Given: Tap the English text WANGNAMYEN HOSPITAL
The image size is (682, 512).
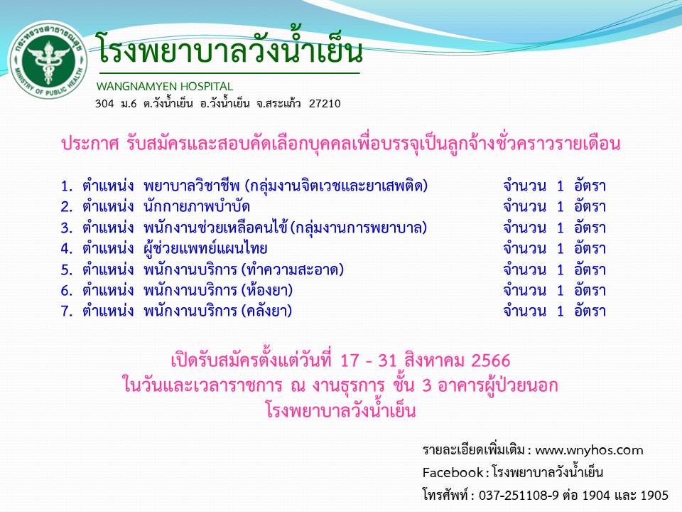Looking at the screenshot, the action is (164, 86).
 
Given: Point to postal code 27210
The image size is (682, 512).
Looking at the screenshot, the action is (325, 104).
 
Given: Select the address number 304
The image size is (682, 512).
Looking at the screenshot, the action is (104, 104).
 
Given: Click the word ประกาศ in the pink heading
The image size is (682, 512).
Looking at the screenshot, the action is (90, 143).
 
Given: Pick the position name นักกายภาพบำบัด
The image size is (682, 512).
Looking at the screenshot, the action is (197, 206).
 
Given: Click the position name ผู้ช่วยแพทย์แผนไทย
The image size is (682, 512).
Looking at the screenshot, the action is (205, 248).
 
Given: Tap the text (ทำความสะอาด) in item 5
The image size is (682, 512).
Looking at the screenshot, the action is (293, 270).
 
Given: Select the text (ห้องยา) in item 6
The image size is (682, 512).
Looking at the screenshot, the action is (267, 290).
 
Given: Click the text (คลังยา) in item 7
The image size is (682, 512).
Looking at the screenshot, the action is (266, 311).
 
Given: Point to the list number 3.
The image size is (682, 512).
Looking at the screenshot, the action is (67, 228).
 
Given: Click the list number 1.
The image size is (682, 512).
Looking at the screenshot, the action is (67, 186).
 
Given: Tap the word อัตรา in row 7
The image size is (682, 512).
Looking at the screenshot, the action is (590, 311).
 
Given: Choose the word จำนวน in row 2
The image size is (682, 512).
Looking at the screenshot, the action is (524, 206).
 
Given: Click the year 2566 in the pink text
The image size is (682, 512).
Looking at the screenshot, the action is (491, 361).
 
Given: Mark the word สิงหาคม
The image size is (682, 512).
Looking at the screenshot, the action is (433, 361).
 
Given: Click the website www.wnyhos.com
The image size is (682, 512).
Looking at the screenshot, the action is (589, 450).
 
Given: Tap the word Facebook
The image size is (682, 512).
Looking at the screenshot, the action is (453, 472).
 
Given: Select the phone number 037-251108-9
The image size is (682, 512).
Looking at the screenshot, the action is (519, 495).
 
